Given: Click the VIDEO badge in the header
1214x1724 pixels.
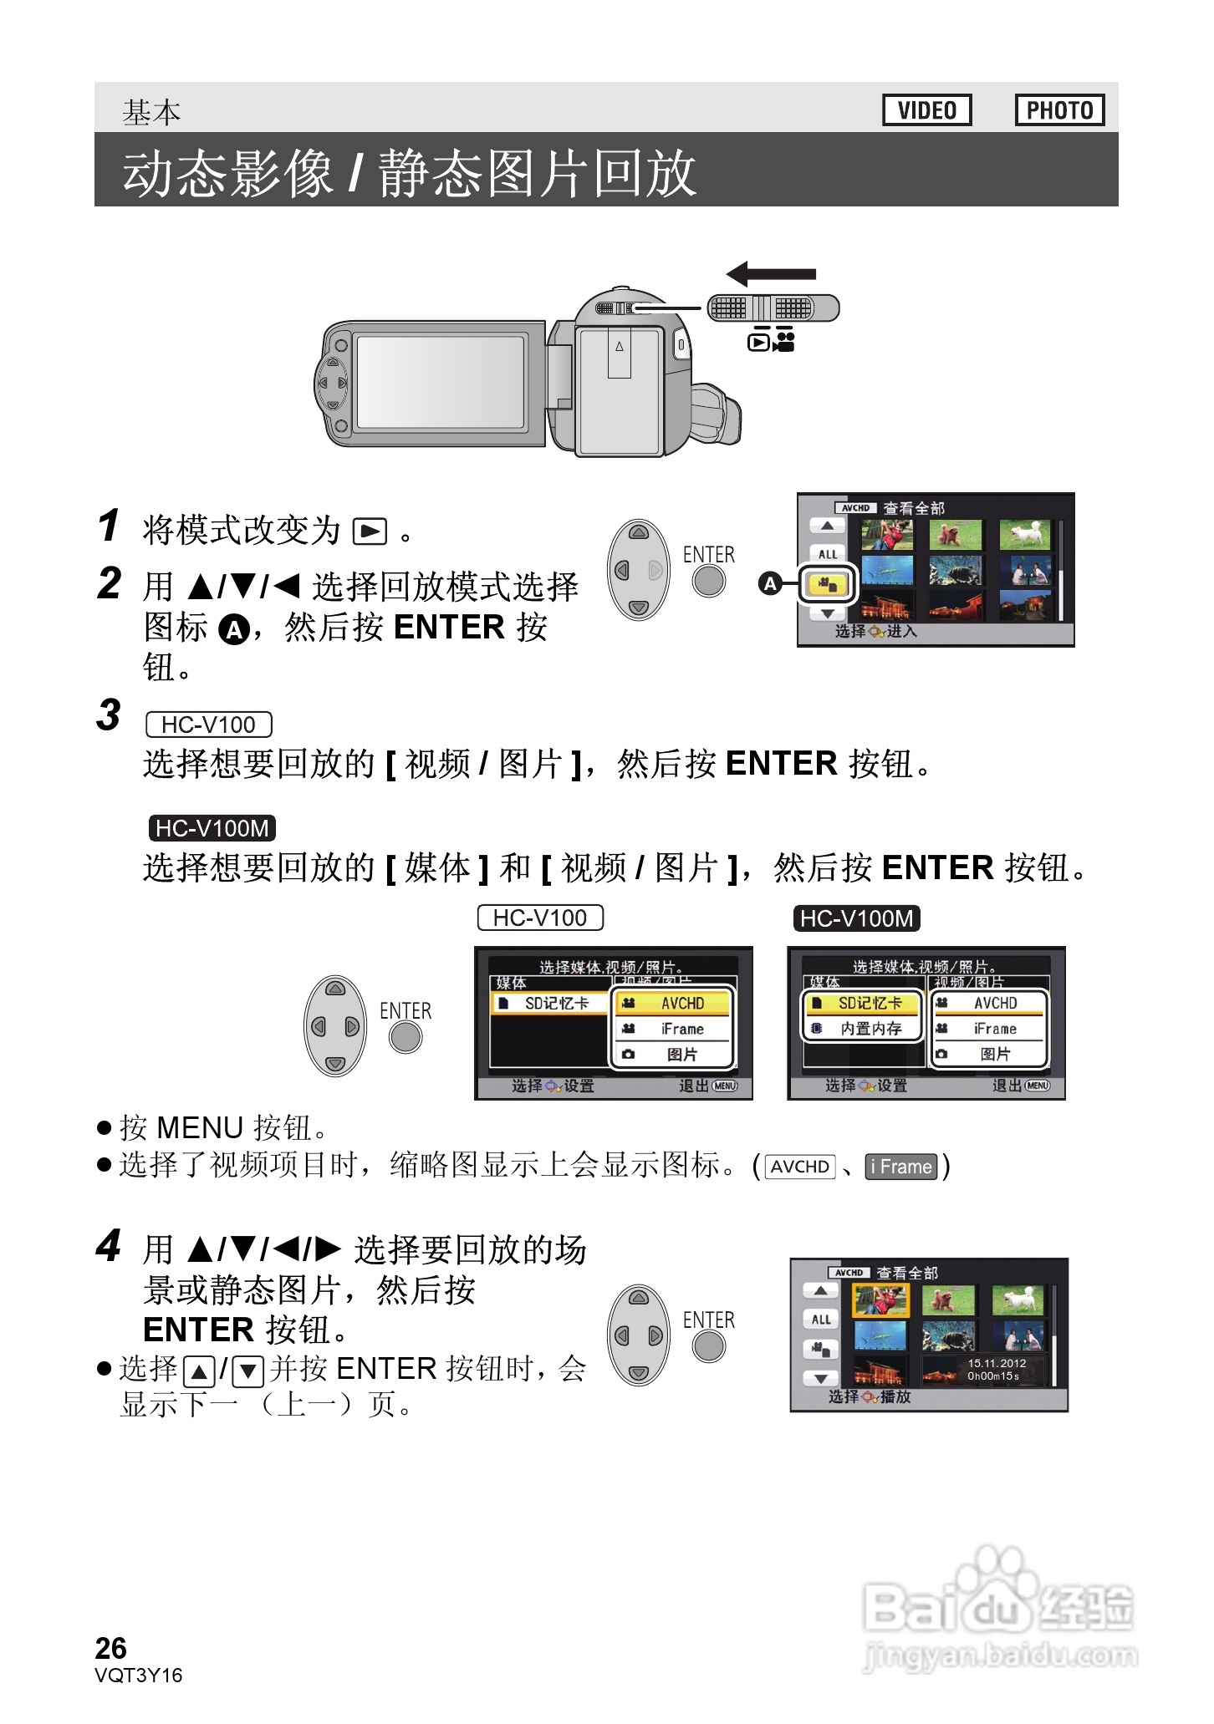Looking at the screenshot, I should pyautogui.click(x=926, y=110).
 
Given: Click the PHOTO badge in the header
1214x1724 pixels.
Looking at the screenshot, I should pyautogui.click(x=1059, y=110).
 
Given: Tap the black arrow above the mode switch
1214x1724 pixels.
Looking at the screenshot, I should pyautogui.click(x=771, y=273).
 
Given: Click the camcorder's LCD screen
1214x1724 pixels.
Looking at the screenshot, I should pyautogui.click(x=441, y=383).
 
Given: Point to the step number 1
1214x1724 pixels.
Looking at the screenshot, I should pyautogui.click(x=109, y=526).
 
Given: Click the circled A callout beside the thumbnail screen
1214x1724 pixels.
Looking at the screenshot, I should pyautogui.click(x=769, y=583).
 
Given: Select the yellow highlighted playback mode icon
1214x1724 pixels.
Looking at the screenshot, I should pyautogui.click(x=827, y=585).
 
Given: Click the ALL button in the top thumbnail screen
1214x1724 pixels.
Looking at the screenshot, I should pyautogui.click(x=827, y=554).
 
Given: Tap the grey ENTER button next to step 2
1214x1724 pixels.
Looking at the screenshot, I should pyautogui.click(x=709, y=581).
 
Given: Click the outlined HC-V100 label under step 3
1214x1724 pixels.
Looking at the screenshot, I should pyautogui.click(x=208, y=725).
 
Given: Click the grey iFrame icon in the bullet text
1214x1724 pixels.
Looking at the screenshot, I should pyautogui.click(x=900, y=1167).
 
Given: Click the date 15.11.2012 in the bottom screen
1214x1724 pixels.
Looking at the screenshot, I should pyautogui.click(x=997, y=1363).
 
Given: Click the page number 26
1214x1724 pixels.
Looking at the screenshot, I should pyautogui.click(x=110, y=1649).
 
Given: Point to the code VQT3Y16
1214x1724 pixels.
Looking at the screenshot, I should pyautogui.click(x=138, y=1676).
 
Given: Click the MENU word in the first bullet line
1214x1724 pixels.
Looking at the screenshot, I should pyautogui.click(x=200, y=1128).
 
